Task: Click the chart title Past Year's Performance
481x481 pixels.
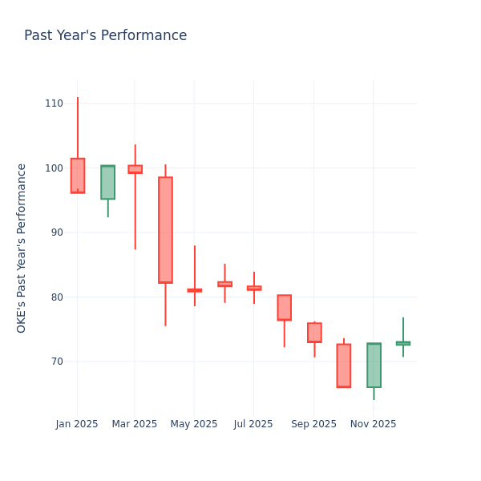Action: pos(105,36)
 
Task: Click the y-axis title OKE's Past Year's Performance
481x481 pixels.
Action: pos(22,248)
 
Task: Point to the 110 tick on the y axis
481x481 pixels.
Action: pos(54,103)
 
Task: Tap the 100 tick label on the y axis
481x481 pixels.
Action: pos(54,168)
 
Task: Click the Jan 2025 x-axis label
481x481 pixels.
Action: pos(77,424)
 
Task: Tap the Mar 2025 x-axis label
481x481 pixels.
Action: pos(135,424)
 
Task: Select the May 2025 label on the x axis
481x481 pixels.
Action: pos(194,424)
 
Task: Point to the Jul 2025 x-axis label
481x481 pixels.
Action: pos(253,424)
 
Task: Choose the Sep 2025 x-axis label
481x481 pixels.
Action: pos(313,424)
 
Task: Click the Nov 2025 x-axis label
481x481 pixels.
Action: pos(373,424)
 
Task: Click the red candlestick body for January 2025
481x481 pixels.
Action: pos(78,176)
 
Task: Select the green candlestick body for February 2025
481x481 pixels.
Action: pos(107,182)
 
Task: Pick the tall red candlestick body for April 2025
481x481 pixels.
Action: pos(165,230)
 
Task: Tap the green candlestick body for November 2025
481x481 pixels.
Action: pos(374,366)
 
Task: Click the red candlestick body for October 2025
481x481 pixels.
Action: pos(343,366)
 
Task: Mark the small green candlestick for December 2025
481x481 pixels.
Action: pos(403,343)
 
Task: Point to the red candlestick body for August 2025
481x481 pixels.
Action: pos(284,308)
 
